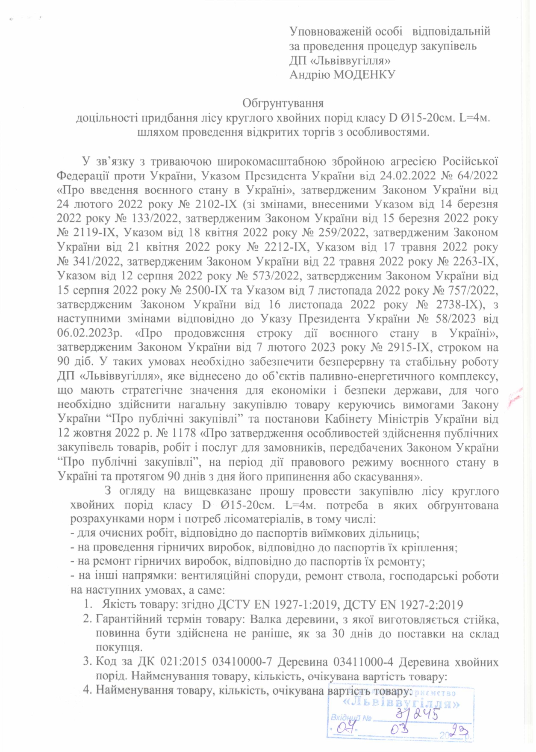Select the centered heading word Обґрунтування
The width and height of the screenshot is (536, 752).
pos(283,103)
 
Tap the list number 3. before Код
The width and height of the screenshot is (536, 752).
pos(87,662)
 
